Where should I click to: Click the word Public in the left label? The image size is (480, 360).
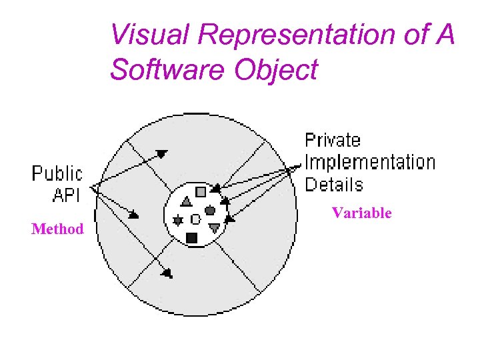(x=57, y=174)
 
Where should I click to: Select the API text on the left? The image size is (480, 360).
(x=66, y=195)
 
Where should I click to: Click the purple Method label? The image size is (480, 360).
(x=57, y=229)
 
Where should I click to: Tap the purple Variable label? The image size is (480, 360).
(x=361, y=213)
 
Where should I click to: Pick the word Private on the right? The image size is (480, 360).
(x=333, y=141)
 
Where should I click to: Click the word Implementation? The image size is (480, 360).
(x=370, y=162)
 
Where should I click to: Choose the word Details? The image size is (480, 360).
(x=333, y=184)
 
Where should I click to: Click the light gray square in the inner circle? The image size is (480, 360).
(x=201, y=192)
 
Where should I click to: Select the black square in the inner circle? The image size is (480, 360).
(x=192, y=237)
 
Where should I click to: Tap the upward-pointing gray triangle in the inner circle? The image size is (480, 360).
(x=187, y=201)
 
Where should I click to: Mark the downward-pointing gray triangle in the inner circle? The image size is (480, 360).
(x=214, y=227)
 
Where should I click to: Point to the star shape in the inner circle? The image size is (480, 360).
(x=178, y=220)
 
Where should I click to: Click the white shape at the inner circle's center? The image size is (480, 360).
(x=195, y=219)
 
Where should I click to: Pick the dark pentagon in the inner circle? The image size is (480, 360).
(x=210, y=211)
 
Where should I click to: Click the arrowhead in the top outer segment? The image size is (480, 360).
(x=161, y=154)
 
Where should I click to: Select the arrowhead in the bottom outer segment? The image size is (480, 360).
(x=167, y=272)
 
